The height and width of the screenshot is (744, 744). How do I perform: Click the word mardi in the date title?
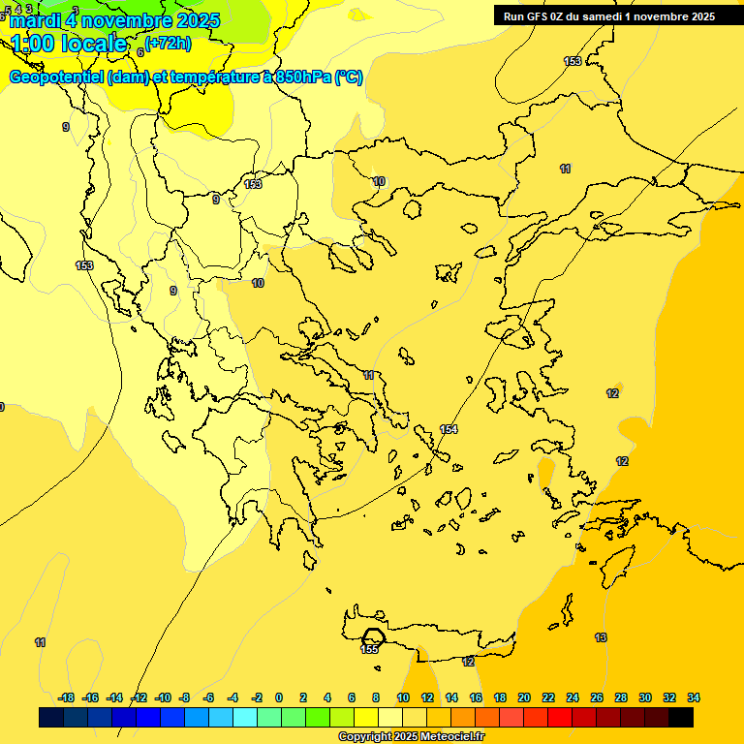click(x=36, y=20)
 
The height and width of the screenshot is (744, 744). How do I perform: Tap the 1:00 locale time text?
click(x=68, y=44)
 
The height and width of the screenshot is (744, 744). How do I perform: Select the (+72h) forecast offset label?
click(x=168, y=43)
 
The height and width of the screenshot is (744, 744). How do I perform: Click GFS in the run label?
click(x=537, y=16)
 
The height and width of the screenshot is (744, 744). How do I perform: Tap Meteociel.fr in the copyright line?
click(x=445, y=737)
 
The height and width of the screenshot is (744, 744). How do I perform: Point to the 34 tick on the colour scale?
click(x=694, y=697)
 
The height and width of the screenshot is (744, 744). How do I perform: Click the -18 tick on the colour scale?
click(x=66, y=697)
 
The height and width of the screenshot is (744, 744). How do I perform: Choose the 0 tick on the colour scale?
click(x=279, y=697)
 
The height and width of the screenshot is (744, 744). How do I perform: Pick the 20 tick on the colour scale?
click(x=524, y=697)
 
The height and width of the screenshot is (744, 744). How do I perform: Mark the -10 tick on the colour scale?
click(x=163, y=697)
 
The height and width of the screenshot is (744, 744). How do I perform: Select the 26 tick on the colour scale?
click(x=597, y=697)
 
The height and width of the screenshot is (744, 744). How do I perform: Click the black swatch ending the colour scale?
click(x=681, y=718)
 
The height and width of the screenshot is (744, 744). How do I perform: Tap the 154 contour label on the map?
click(x=449, y=429)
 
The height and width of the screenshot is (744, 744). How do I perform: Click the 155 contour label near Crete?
click(x=369, y=649)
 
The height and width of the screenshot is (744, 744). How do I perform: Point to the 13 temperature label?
click(x=601, y=637)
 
